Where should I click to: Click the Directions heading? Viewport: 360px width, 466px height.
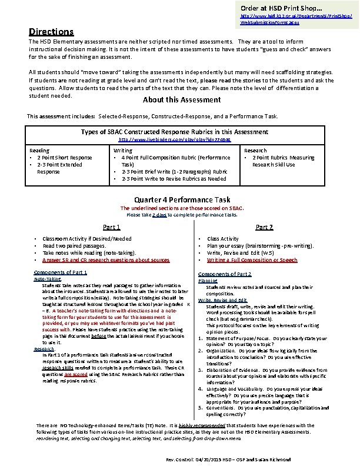[x=52, y=32]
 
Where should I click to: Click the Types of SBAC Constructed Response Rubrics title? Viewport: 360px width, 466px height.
[x=175, y=132]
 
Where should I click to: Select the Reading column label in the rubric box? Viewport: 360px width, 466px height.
[x=39, y=151]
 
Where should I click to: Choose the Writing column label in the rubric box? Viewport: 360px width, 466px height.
[x=122, y=151]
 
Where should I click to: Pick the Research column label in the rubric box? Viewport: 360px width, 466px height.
[x=255, y=151]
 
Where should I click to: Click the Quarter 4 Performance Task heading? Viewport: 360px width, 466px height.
[x=182, y=199]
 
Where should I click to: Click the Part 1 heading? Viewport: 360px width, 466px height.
[x=112, y=227]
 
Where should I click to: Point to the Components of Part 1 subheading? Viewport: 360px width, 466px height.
[x=61, y=272]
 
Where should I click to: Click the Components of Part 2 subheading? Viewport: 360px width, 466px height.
[x=225, y=274]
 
